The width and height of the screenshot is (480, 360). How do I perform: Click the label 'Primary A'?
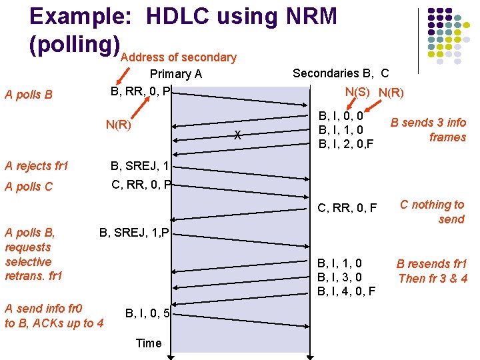(176, 74)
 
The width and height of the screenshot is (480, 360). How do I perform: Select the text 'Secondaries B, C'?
(341, 73)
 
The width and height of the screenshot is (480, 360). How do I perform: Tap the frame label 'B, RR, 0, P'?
(141, 90)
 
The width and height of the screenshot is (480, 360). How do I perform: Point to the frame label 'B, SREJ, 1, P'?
(135, 233)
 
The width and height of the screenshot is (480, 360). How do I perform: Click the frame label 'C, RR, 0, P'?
(141, 183)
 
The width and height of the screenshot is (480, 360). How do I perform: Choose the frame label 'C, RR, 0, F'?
(347, 209)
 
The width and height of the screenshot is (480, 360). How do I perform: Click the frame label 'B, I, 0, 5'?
(149, 312)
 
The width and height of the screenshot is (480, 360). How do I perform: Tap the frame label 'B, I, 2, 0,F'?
(346, 143)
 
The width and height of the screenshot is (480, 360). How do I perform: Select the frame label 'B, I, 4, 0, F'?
(347, 291)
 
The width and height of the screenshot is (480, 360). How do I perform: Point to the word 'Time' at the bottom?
(148, 343)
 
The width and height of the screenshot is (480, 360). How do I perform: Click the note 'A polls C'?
(28, 187)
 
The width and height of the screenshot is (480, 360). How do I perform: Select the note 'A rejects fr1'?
(37, 166)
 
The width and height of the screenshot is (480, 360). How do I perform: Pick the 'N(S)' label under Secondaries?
(359, 92)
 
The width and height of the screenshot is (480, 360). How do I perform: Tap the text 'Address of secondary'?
(179, 57)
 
